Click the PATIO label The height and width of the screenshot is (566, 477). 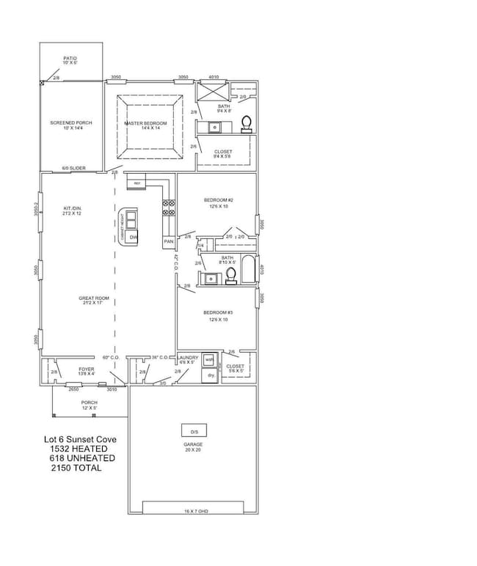click(x=70, y=58)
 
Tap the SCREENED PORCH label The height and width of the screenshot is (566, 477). click(x=70, y=123)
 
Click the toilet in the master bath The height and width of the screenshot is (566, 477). click(x=247, y=122)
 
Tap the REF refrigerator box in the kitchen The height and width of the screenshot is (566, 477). click(x=136, y=183)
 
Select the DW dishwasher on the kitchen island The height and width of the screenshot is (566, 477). click(x=133, y=238)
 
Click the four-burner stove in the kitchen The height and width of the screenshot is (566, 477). click(x=168, y=207)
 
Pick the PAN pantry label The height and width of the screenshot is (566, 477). click(x=168, y=241)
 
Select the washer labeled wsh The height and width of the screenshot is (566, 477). click(x=209, y=360)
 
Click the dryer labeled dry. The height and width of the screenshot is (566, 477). click(x=210, y=375)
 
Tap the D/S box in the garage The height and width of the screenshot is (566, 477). click(x=194, y=430)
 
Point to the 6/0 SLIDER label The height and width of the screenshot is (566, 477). click(x=73, y=168)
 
